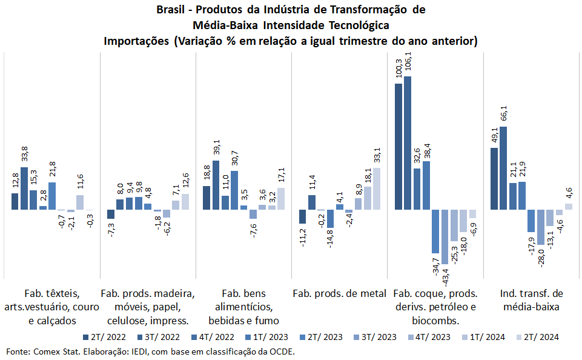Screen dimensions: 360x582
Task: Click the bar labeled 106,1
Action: pos(408,143)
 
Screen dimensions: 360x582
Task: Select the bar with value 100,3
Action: pos(398,147)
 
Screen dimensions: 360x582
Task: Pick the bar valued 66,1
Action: pos(503,168)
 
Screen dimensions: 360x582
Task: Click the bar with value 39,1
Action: pos(216,185)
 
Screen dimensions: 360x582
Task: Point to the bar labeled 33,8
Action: pos(24,188)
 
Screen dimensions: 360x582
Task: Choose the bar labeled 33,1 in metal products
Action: pos(377,188)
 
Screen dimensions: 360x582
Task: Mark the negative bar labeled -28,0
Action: pos(540,227)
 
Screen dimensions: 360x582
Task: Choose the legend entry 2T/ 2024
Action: pos(537,337)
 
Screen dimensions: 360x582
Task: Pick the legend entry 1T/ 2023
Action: pos(267,337)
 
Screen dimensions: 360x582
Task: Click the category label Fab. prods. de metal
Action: pos(339,293)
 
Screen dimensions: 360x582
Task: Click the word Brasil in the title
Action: pos(171,11)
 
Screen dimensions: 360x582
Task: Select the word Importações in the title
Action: pos(137,41)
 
